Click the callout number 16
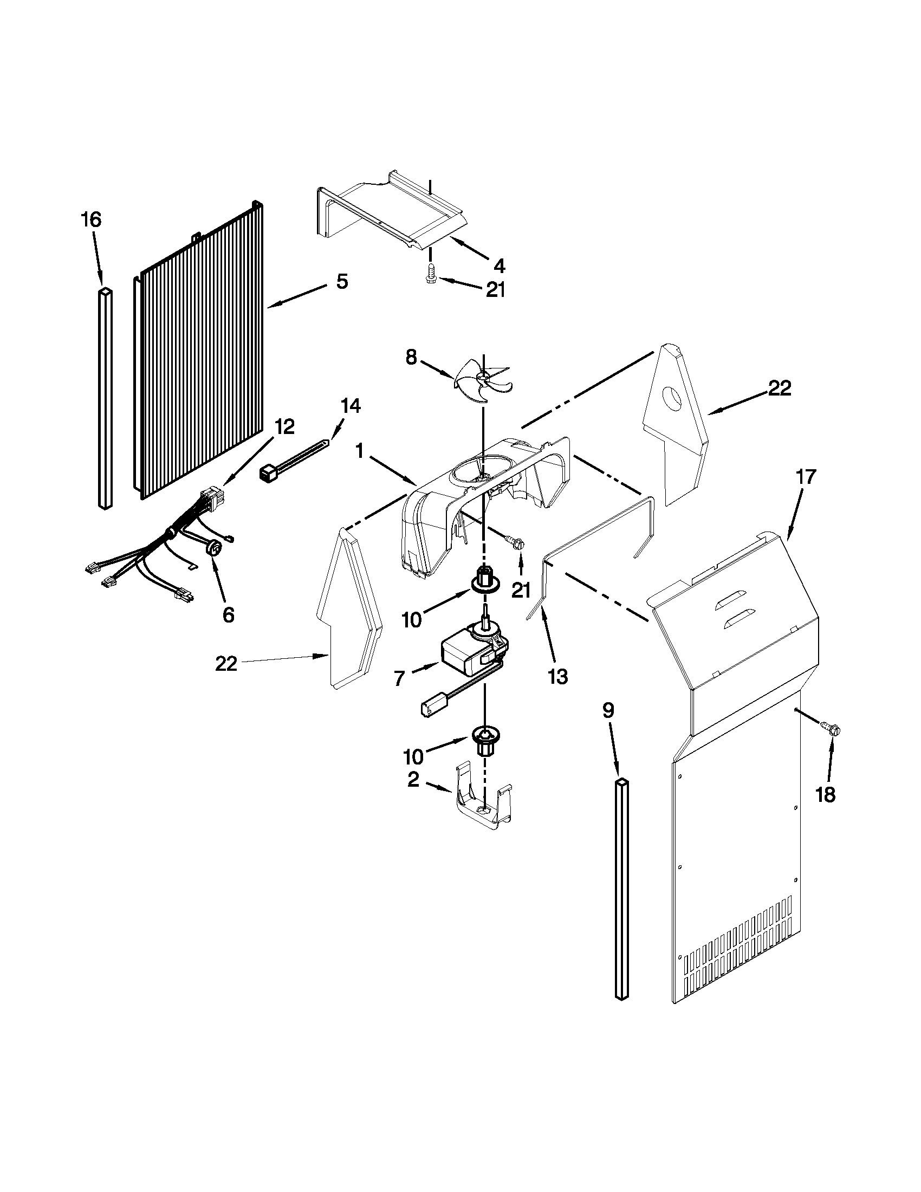(91, 220)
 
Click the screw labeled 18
(831, 728)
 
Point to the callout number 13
(558, 677)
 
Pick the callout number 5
(341, 282)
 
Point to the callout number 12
(284, 426)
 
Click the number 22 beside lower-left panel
(226, 664)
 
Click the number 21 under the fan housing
(521, 590)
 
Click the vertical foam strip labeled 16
(106, 398)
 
